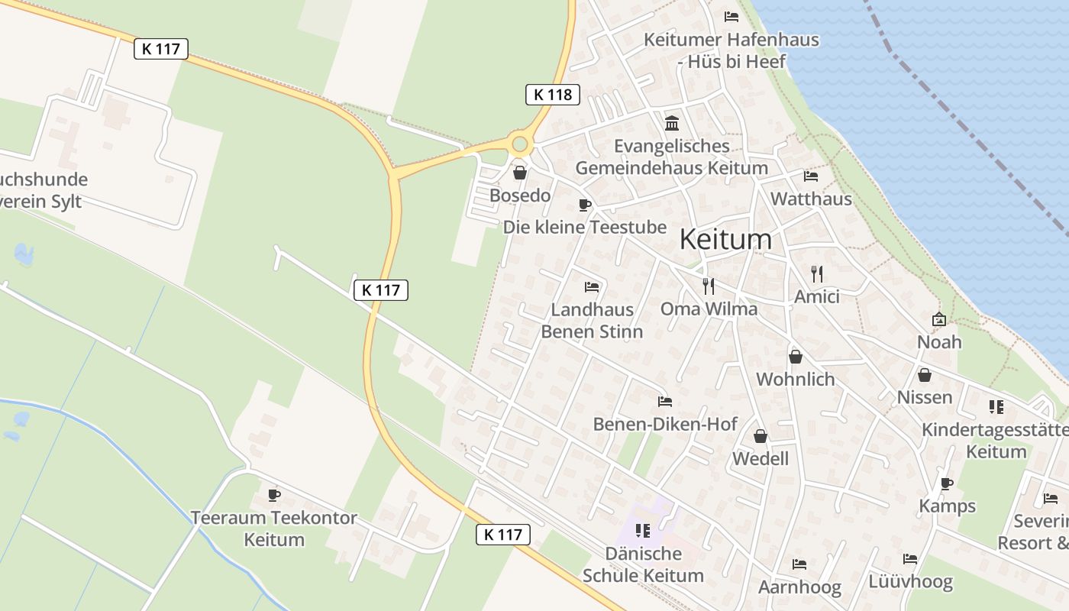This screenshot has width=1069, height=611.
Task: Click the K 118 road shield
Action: pos(553,95)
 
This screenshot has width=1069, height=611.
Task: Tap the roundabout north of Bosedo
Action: pos(521,144)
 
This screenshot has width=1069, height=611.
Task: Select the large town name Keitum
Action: pos(725,239)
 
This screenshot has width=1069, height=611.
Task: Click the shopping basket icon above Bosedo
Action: pos(520,173)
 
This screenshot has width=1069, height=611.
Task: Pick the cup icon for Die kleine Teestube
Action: pos(585,205)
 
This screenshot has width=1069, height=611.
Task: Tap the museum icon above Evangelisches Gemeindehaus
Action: pos(672,123)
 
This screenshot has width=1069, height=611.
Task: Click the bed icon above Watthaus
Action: pos(811,176)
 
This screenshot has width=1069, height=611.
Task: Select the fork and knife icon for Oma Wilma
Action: pos(709,286)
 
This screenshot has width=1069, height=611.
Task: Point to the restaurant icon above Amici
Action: pos(817,274)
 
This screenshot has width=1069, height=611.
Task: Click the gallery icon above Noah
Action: pos(939,319)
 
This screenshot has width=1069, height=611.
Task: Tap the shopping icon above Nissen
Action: pos(925,375)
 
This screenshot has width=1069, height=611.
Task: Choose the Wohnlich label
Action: pos(796,379)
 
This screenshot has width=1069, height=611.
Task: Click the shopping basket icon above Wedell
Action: pos(761,436)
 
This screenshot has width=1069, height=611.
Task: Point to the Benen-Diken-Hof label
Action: pos(665,424)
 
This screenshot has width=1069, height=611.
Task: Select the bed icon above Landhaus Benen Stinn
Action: pos(592,287)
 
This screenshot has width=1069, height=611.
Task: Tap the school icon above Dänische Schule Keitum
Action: pos(643,530)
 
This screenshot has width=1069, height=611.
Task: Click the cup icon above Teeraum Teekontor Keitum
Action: pos(274,495)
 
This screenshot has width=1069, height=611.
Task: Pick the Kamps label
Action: pos(947,506)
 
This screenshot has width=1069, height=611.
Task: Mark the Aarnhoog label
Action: pos(799,587)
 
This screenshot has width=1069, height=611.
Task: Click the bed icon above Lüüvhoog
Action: pos(910,559)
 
